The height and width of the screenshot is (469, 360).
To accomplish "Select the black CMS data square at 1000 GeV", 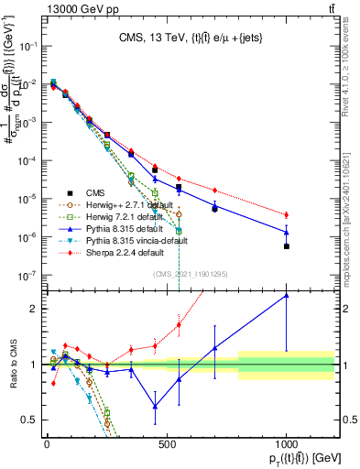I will pyautogui.click(x=286, y=246).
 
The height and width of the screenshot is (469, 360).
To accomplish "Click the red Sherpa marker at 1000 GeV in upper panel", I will pyautogui.click(x=286, y=215).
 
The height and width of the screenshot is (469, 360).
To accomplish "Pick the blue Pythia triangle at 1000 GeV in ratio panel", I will pyautogui.click(x=286, y=295).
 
